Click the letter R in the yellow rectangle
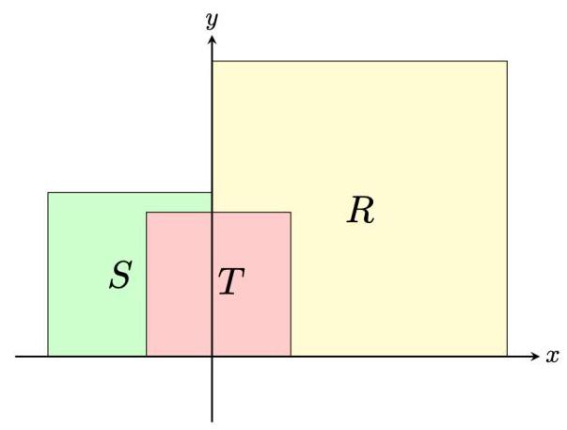(360, 211)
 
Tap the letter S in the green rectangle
(119, 276)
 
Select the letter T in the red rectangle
(231, 281)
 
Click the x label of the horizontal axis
(552, 357)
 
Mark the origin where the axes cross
(213, 357)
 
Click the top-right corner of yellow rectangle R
(507, 61)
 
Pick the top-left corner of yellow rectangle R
(213, 61)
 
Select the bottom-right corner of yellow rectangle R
(507, 357)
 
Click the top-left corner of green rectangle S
(48, 193)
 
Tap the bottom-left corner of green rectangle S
(48, 357)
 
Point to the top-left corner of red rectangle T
(147, 213)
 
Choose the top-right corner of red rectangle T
(291, 213)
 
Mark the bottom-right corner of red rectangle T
(291, 357)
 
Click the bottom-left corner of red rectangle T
(147, 357)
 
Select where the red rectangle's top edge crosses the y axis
(213, 213)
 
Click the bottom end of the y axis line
(213, 422)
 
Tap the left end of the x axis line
(16, 357)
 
